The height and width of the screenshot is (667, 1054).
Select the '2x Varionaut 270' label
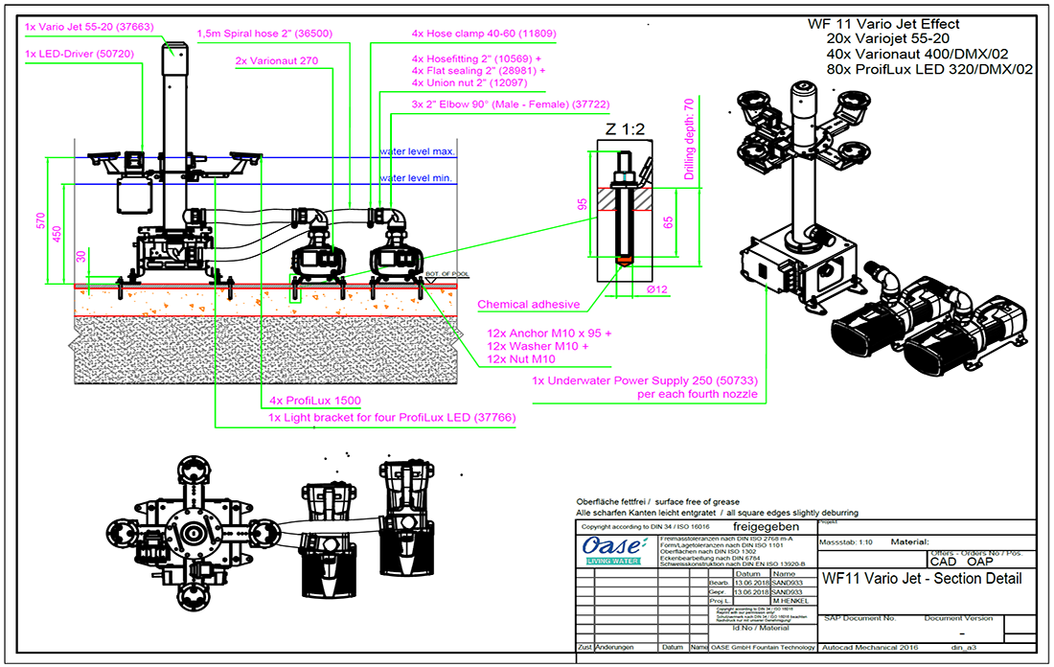277,61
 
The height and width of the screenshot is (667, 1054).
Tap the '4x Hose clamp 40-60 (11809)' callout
484,33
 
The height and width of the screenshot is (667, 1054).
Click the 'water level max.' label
417,151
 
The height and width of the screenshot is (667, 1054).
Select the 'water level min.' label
417,178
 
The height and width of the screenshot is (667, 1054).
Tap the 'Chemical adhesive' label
529,305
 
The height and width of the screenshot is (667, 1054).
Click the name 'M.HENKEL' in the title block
764,601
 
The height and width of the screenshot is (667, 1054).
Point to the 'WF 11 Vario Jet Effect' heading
882,24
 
